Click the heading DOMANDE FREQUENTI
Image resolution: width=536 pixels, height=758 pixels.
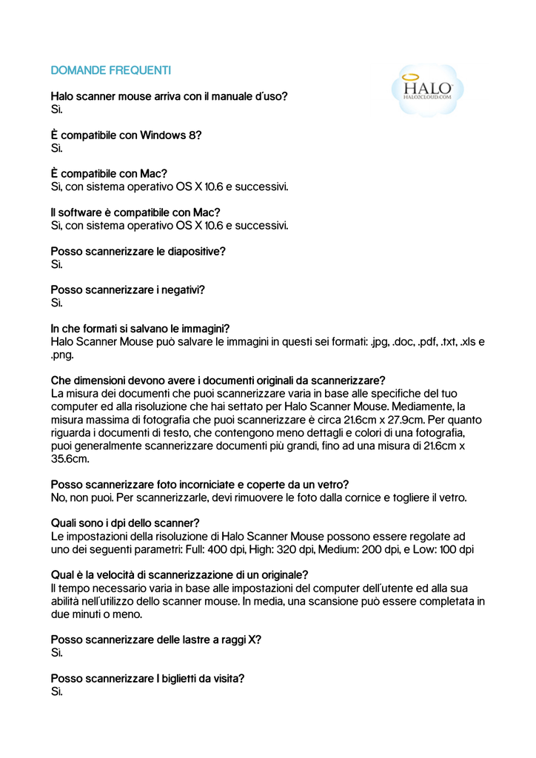pyautogui.click(x=111, y=70)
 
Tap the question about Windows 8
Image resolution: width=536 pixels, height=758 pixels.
pyautogui.click(x=126, y=135)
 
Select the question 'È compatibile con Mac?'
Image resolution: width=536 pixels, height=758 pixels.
pyautogui.click(x=109, y=174)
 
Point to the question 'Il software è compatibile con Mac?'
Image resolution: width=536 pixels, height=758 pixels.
pyautogui.click(x=135, y=212)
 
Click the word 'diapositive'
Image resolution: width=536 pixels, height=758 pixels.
pyautogui.click(x=195, y=252)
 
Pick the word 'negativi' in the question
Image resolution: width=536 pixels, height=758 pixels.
pyautogui.click(x=181, y=290)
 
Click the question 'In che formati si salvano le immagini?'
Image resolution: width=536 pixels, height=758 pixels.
pyautogui.click(x=140, y=329)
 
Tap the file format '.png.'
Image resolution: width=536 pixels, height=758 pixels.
pyautogui.click(x=62, y=355)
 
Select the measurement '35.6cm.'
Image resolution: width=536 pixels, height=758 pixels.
pyautogui.click(x=70, y=459)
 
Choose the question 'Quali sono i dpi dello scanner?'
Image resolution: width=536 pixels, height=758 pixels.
pyautogui.click(x=125, y=523)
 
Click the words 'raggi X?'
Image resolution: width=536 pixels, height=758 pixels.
pyautogui.click(x=238, y=640)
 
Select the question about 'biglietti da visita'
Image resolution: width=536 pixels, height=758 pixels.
pyautogui.click(x=148, y=678)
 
